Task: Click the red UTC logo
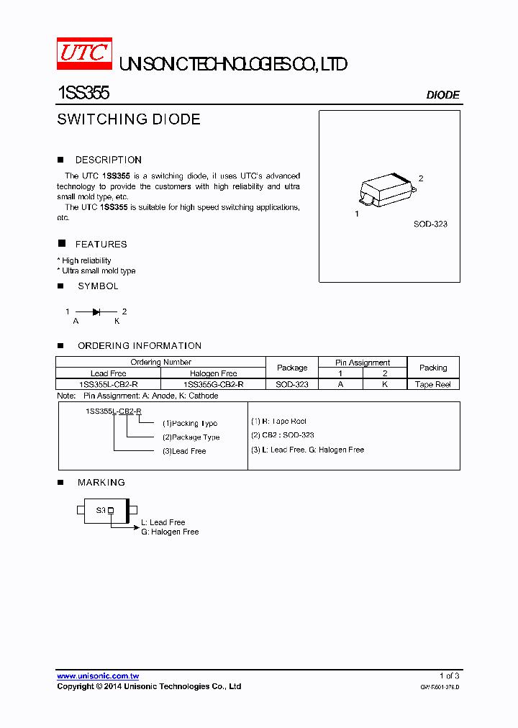click(x=84, y=54)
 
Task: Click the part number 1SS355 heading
click(x=83, y=94)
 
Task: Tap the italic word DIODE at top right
click(x=442, y=95)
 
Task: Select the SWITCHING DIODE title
click(x=129, y=119)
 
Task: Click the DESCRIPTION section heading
click(x=108, y=160)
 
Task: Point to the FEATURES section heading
click(x=101, y=245)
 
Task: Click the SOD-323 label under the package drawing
click(x=430, y=224)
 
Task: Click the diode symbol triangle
click(x=96, y=311)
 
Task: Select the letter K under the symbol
click(x=117, y=322)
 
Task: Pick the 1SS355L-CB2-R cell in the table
click(x=108, y=384)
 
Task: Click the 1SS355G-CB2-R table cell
click(x=213, y=384)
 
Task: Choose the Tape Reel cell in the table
click(x=433, y=384)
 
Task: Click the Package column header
click(x=292, y=368)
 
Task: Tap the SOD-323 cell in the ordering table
click(x=292, y=384)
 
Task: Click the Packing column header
click(x=433, y=368)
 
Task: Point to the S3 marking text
click(x=101, y=510)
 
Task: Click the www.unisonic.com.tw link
click(x=98, y=676)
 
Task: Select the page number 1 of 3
click(x=449, y=675)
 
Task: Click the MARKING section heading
click(x=101, y=482)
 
